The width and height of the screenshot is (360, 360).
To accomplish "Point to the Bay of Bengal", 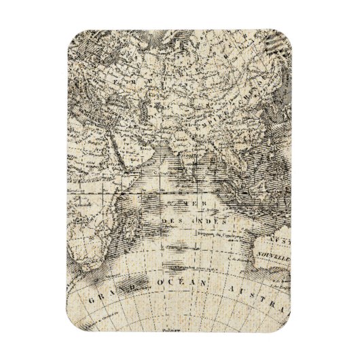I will pyautogui.click(x=207, y=163).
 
